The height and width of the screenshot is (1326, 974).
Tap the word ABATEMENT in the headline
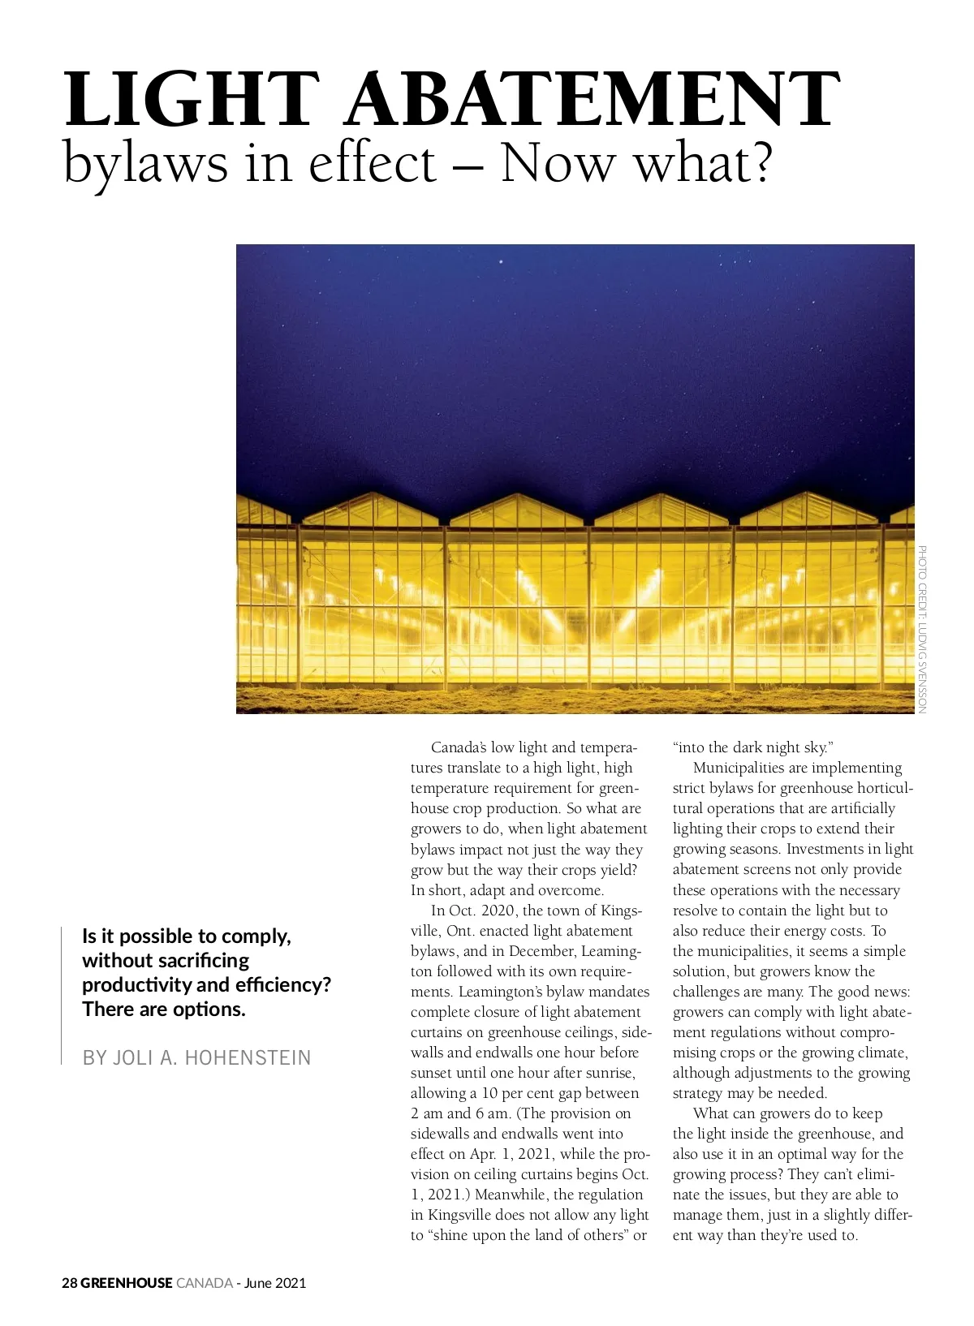[593, 100]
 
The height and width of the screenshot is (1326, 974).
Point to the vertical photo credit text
[923, 629]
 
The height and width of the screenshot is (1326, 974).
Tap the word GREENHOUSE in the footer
[127, 1283]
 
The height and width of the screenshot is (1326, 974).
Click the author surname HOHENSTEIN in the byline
[248, 1057]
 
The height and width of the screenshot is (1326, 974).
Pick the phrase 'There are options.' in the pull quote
[164, 1009]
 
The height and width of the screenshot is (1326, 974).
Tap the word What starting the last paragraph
[711, 1113]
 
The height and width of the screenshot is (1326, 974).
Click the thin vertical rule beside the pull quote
[62, 995]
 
